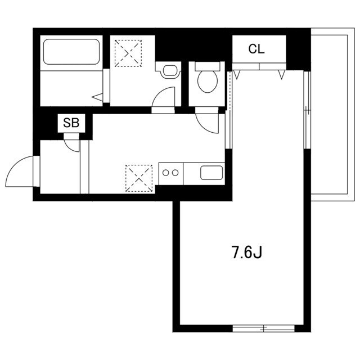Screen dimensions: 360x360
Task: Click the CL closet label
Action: point(256,49)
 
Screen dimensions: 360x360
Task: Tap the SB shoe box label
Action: point(71,123)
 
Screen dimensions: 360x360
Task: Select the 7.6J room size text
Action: point(247,252)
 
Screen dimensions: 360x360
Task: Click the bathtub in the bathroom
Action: point(71,52)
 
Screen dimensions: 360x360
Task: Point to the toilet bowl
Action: point(208,81)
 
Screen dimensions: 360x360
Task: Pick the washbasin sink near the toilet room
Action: point(170,70)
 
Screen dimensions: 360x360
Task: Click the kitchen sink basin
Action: point(211,173)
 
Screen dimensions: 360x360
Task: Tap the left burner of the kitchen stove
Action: point(166,173)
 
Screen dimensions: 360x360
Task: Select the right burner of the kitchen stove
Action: point(175,173)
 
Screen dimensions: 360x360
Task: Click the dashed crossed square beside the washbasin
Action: point(128,53)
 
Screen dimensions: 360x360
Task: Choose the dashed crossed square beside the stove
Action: point(139,178)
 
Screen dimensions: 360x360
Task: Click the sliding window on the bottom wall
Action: point(263,328)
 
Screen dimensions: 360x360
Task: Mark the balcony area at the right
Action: point(332,114)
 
